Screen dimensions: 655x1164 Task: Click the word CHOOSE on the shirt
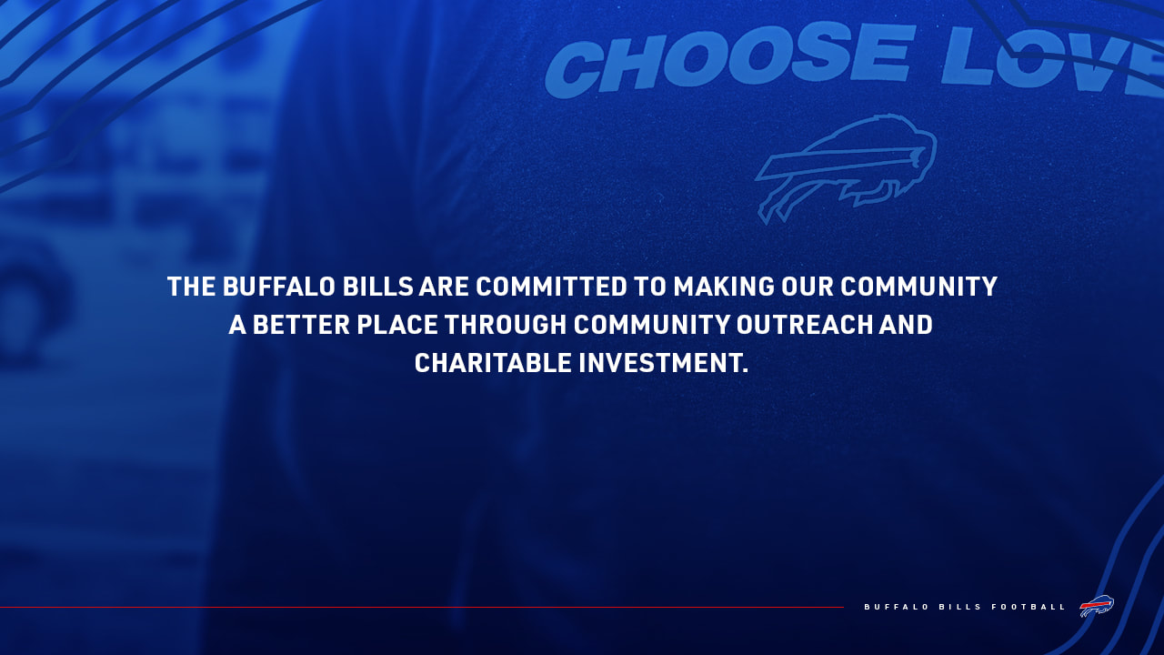727,60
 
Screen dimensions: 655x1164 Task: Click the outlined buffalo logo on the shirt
846,168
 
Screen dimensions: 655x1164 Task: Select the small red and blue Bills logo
1097,606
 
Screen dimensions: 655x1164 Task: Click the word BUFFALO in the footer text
896,607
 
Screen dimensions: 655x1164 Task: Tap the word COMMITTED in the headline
552,287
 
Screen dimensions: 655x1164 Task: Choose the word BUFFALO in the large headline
280,287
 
